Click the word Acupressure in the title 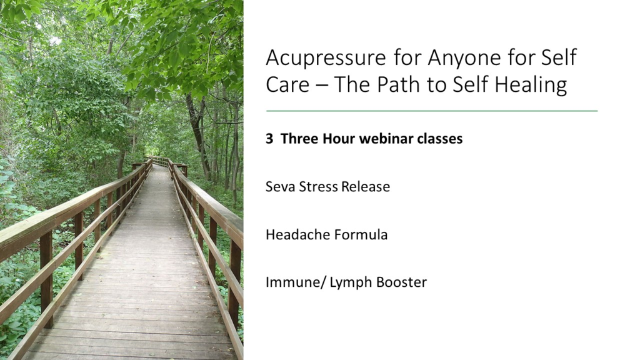click(326, 58)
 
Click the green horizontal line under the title click(432, 111)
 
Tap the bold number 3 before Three click(269, 139)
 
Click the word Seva click(281, 186)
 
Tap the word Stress click(319, 186)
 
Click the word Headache click(298, 235)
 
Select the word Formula click(361, 235)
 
